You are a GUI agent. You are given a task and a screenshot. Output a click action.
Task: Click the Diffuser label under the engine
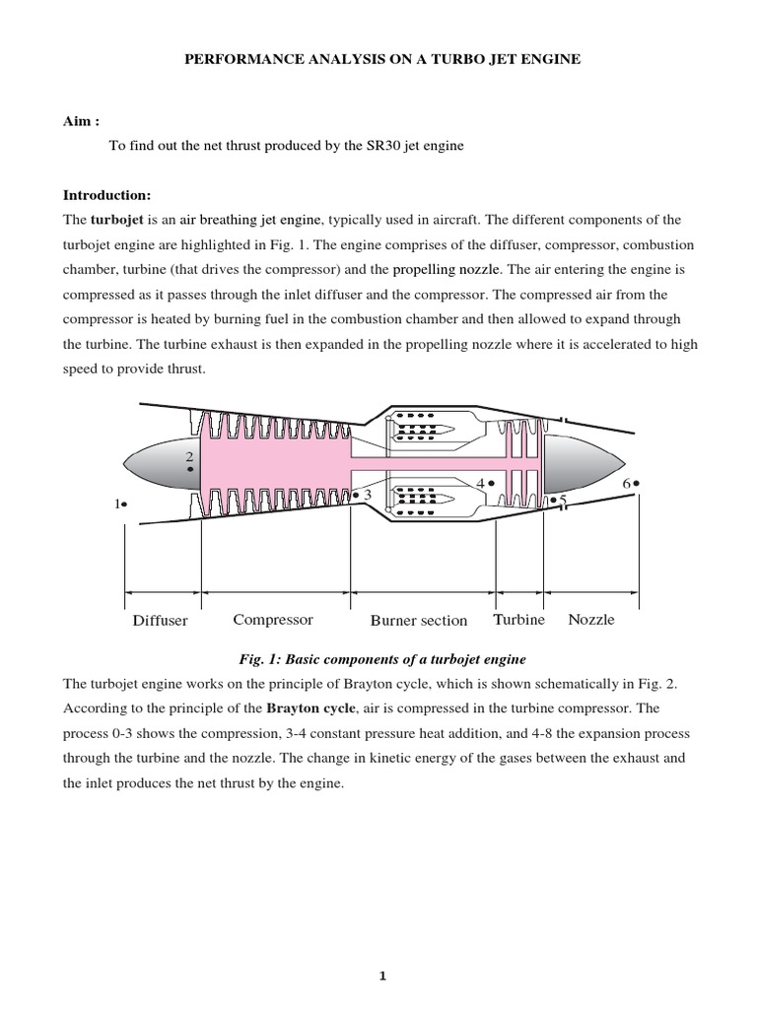click(160, 621)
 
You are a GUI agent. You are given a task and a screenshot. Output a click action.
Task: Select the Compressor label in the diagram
click(273, 620)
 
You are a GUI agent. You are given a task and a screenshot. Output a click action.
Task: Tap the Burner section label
click(419, 621)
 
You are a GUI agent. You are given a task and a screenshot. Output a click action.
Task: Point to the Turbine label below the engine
click(518, 620)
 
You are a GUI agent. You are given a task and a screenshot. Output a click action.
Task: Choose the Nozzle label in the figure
click(591, 620)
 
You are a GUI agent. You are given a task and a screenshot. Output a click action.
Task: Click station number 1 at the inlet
click(118, 504)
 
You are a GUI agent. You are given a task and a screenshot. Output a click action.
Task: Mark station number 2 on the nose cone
click(188, 457)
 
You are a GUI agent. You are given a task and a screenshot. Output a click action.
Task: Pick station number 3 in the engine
click(367, 494)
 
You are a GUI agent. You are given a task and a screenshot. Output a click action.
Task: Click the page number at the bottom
click(383, 976)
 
